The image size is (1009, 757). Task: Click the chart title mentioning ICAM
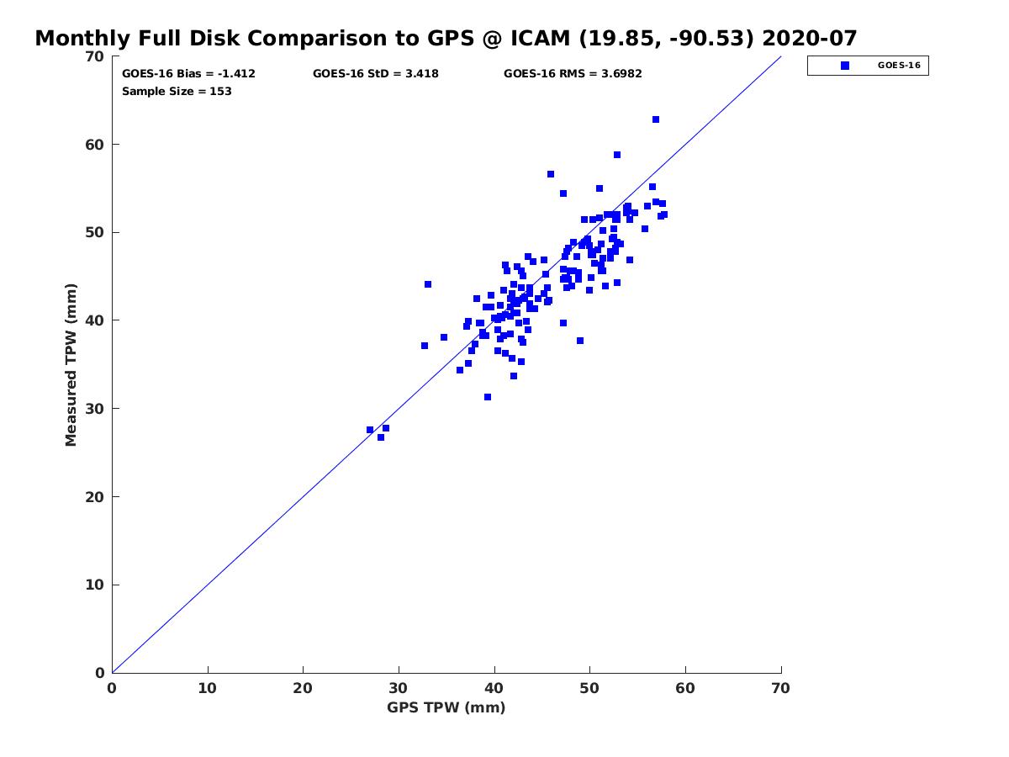(446, 38)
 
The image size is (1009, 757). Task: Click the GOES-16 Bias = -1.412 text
(188, 74)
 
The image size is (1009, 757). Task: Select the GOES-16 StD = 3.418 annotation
(375, 74)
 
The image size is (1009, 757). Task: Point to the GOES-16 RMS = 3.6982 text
(573, 74)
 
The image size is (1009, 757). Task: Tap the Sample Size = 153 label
(177, 91)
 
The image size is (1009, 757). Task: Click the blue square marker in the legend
(845, 66)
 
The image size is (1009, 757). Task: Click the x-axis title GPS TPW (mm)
(446, 707)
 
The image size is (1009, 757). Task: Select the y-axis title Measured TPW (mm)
(71, 364)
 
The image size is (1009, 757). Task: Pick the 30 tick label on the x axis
(399, 688)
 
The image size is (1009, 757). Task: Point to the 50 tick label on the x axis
(589, 688)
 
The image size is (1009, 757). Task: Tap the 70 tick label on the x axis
(780, 688)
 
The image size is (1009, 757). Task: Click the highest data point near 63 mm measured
(656, 119)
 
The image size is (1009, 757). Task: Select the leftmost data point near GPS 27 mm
(370, 430)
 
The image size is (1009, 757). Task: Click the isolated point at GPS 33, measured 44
(428, 284)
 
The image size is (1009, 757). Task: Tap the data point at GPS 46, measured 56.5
(551, 174)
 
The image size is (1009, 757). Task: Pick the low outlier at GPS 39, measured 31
(488, 397)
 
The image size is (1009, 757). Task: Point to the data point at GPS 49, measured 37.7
(580, 341)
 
